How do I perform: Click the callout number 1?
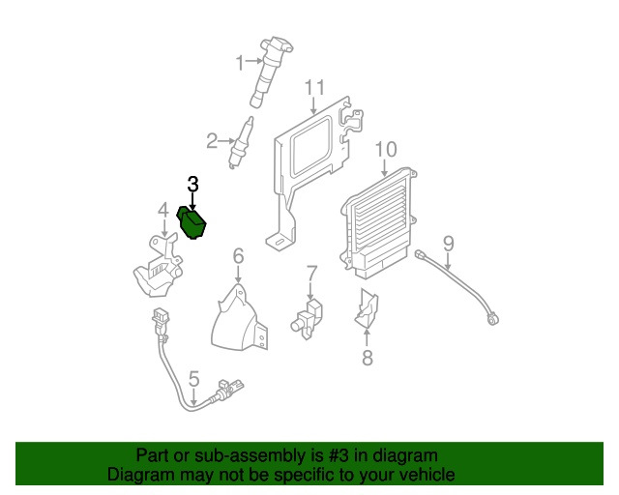pyautogui.click(x=240, y=63)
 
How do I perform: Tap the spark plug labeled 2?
pyautogui.click(x=241, y=142)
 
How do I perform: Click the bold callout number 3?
pyautogui.click(x=192, y=184)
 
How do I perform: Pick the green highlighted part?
pyautogui.click(x=192, y=222)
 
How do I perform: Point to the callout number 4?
pyautogui.click(x=163, y=211)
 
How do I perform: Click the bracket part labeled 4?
pyautogui.click(x=158, y=265)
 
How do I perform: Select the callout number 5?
pyautogui.click(x=193, y=379)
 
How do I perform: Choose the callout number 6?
pyautogui.click(x=239, y=256)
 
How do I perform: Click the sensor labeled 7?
pyautogui.click(x=308, y=319)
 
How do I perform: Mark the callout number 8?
pyautogui.click(x=368, y=358)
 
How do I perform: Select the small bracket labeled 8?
pyautogui.click(x=367, y=308)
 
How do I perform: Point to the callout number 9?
pyautogui.click(x=449, y=244)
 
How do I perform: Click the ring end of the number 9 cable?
pyautogui.click(x=492, y=318)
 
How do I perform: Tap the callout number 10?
pyautogui.click(x=386, y=150)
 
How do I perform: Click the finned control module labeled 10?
pyautogui.click(x=378, y=223)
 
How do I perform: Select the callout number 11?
pyautogui.click(x=314, y=88)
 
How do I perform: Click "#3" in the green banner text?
pyautogui.click(x=339, y=456)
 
